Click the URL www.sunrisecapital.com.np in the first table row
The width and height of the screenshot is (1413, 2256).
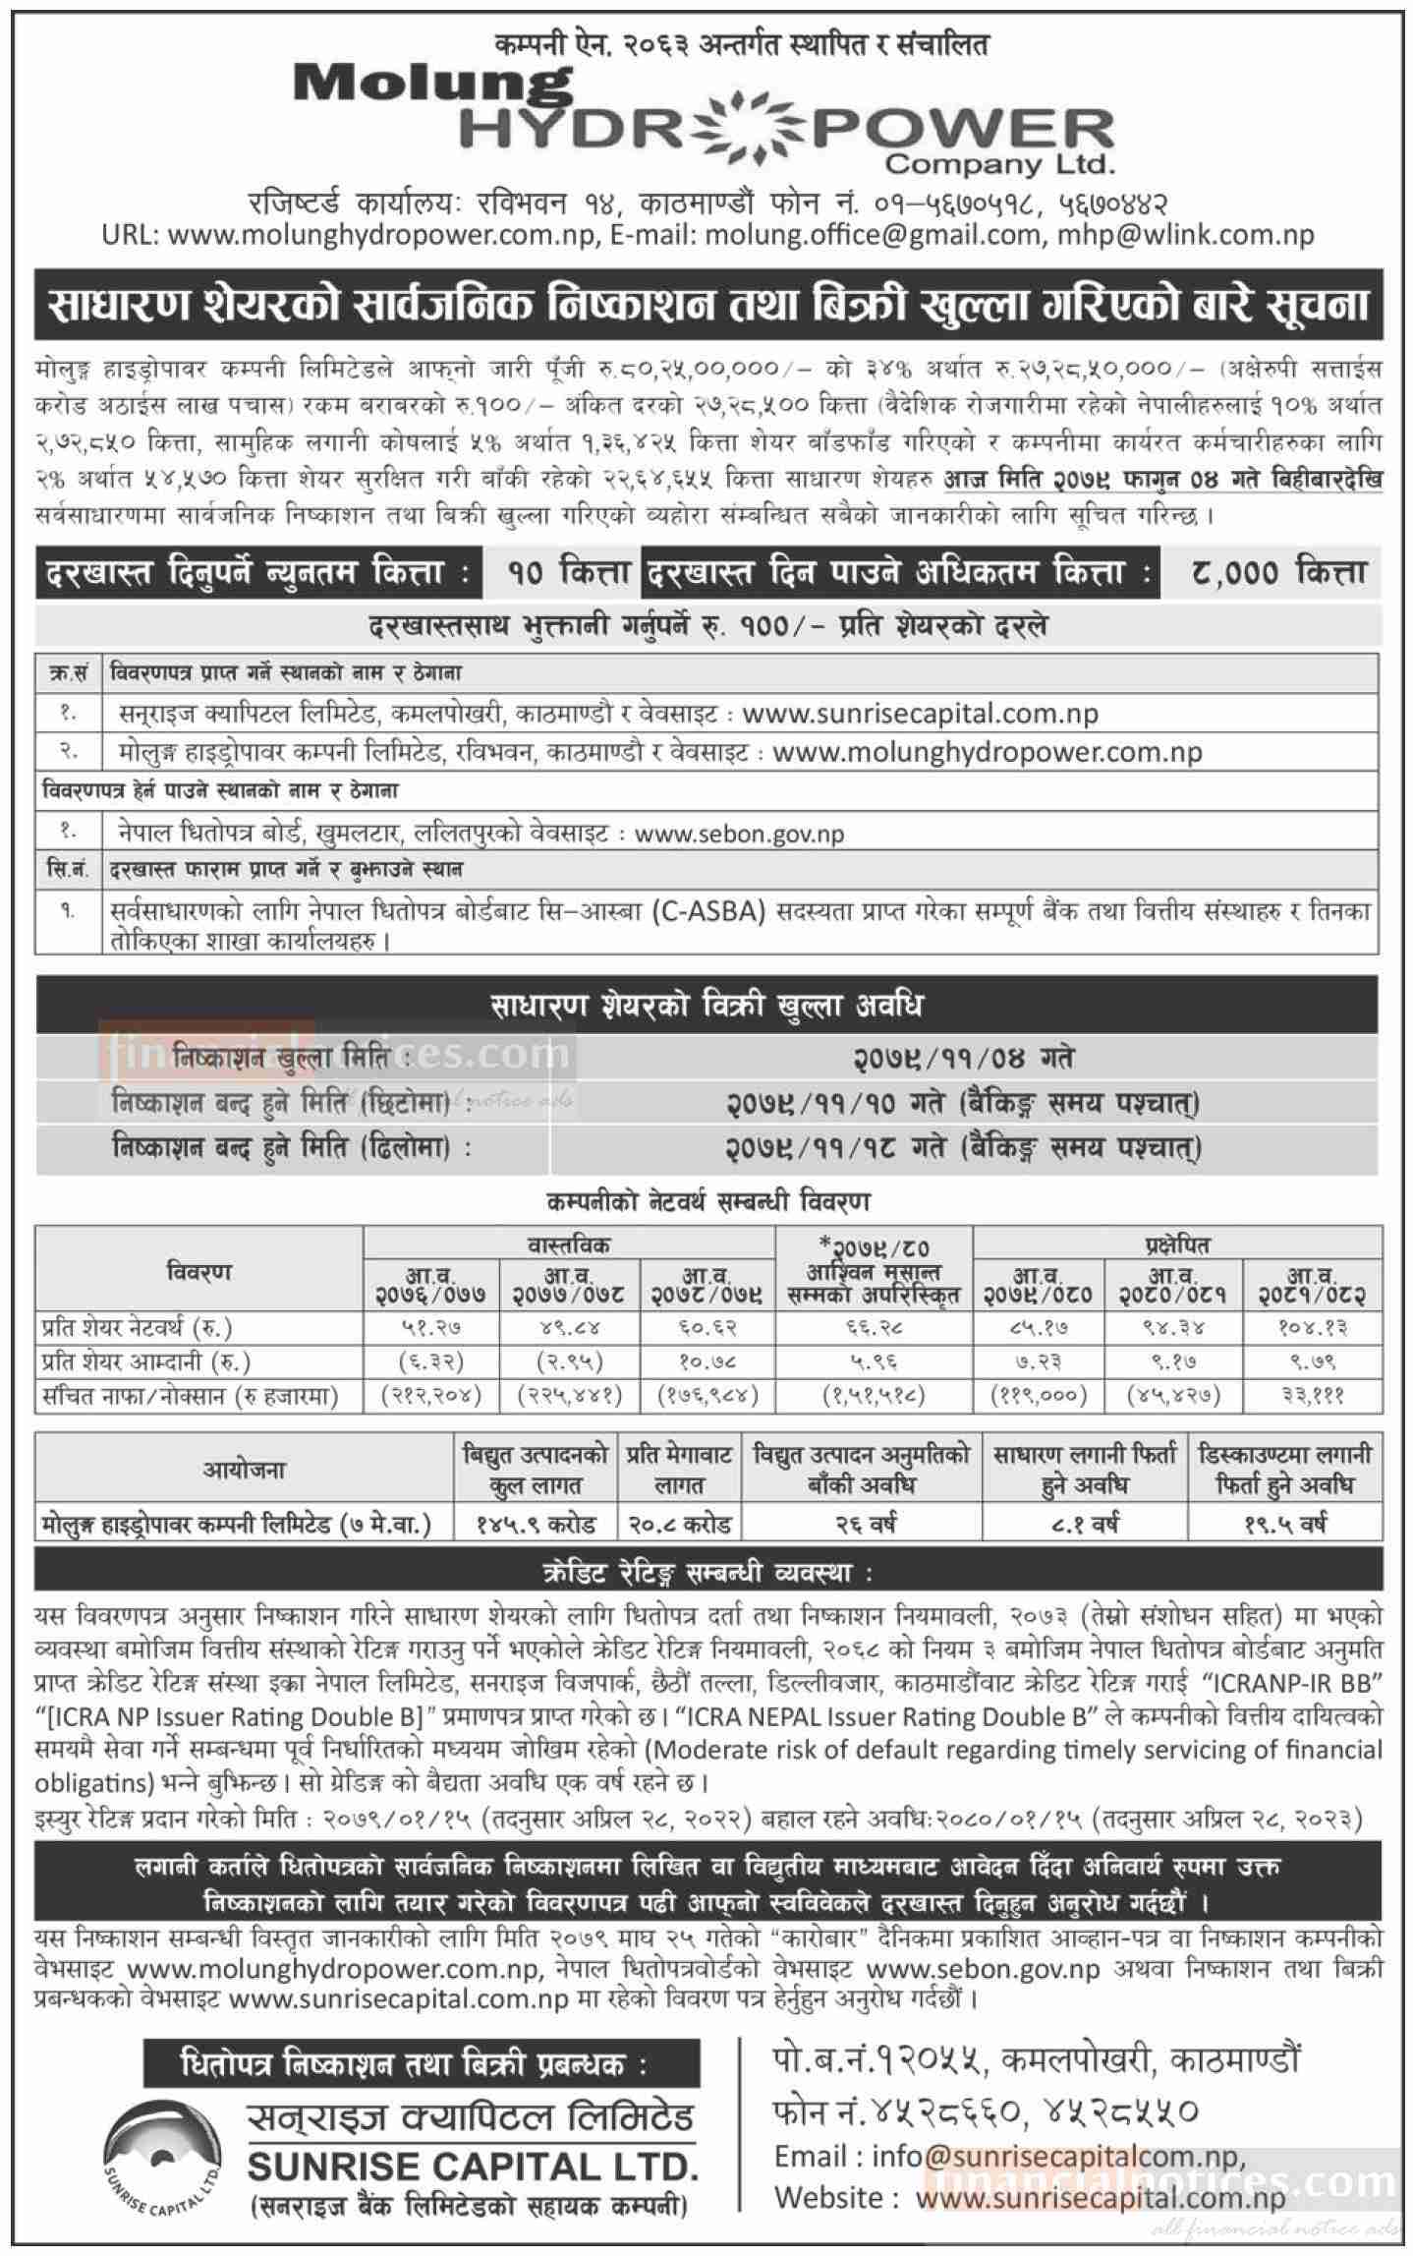pos(920,713)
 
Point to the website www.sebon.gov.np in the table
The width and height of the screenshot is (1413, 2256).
pos(739,834)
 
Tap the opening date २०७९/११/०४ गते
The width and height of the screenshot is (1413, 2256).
pos(962,1058)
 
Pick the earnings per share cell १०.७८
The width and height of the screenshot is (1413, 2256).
pos(706,1362)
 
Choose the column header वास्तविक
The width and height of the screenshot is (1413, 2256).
pos(569,1244)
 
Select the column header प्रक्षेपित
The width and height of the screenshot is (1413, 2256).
pos(1176,1244)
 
